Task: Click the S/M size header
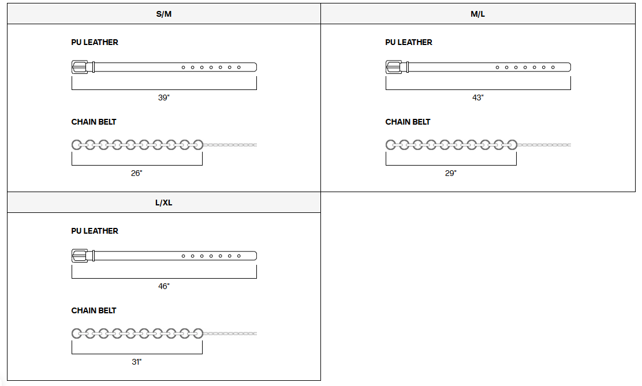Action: coord(164,14)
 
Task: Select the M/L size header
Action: coord(477,14)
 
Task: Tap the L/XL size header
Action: coord(164,203)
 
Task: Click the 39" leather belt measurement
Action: coord(164,98)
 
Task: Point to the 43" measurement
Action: coord(477,98)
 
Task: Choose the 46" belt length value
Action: coord(164,286)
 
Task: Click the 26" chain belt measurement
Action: coord(136,173)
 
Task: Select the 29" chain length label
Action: coord(450,173)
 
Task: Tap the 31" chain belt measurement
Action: coord(136,362)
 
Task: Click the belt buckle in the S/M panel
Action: coord(80,67)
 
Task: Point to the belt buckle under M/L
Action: coord(394,67)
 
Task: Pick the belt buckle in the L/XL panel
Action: coord(80,256)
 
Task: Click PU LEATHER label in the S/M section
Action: coord(95,42)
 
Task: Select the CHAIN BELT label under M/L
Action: coord(408,122)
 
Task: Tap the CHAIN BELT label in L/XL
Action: coord(94,310)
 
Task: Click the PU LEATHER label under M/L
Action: coord(409,42)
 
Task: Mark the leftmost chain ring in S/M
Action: coord(77,144)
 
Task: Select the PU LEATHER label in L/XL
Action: coord(95,231)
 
